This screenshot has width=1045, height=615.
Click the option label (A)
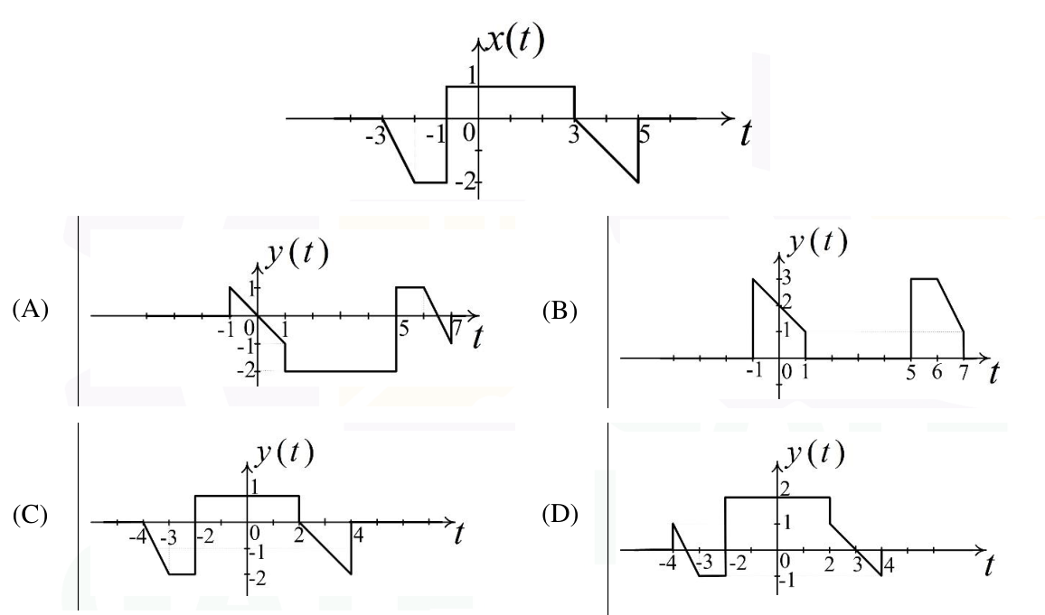coord(31,310)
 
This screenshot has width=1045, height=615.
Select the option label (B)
coord(560,311)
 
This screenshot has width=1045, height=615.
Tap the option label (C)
coord(31,515)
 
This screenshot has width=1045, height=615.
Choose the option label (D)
coord(560,515)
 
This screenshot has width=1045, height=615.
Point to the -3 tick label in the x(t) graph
coord(376,138)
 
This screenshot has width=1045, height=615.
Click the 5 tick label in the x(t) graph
coord(644,135)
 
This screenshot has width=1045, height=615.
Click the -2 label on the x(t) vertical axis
coord(466,181)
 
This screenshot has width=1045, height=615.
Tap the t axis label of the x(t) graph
coord(746,133)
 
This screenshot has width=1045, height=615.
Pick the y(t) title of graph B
coord(817,241)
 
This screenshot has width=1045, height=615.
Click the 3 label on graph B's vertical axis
coord(786,277)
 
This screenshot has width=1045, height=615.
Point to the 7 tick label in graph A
coord(457,328)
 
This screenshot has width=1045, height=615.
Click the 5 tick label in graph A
coord(403,328)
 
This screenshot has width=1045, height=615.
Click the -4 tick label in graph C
coord(138,536)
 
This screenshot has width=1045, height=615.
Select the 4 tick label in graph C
coord(358,535)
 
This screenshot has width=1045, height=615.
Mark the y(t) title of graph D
coord(815,454)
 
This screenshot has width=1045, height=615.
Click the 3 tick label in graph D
coord(857,565)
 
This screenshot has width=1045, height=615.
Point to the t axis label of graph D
coord(989,565)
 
